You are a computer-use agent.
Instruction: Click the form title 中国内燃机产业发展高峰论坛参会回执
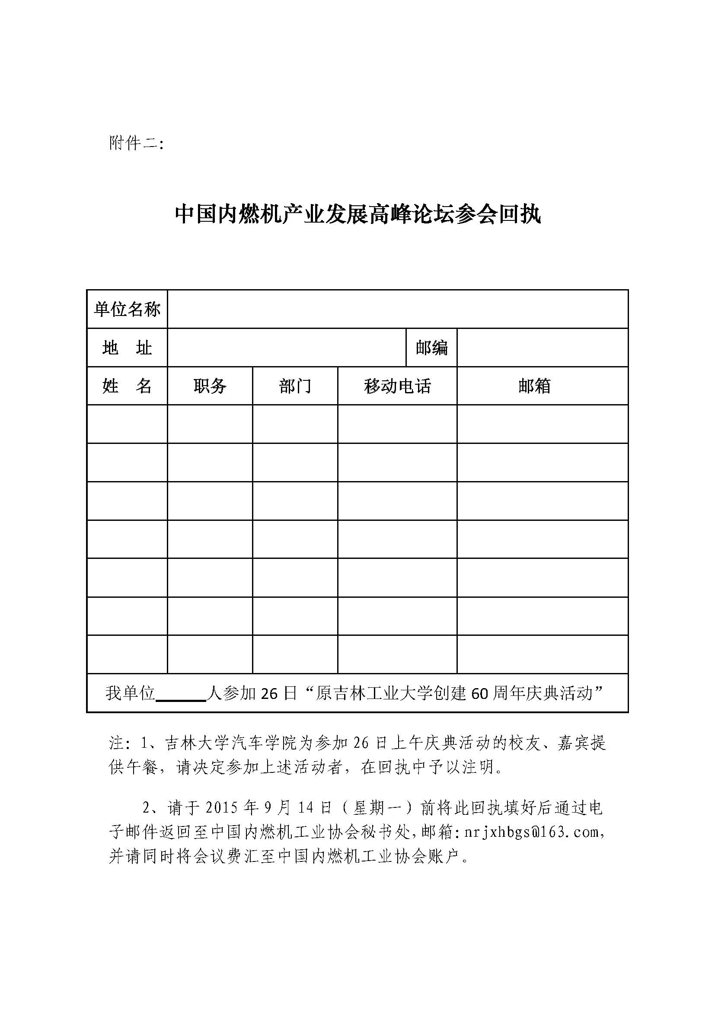point(357,214)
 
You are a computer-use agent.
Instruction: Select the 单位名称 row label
point(127,309)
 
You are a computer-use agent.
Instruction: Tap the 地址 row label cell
point(127,348)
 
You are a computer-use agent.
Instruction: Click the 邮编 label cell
point(431,348)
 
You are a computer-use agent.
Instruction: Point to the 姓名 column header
point(127,386)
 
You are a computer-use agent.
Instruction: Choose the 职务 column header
point(210,386)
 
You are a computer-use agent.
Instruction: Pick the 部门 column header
point(295,386)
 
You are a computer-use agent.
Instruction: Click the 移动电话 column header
point(397,386)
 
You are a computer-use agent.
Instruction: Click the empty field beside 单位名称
point(397,309)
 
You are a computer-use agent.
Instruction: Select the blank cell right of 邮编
point(543,348)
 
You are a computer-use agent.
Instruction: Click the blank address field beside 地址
point(286,348)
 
